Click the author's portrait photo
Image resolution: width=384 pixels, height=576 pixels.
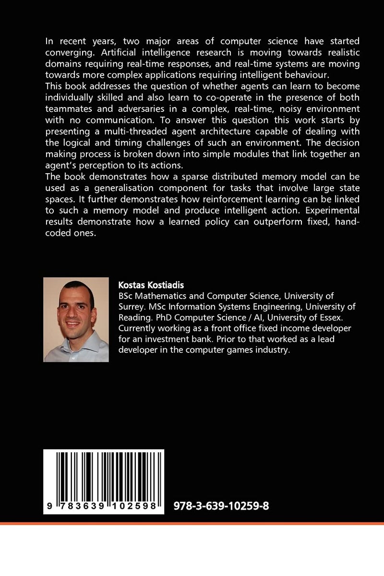(76, 319)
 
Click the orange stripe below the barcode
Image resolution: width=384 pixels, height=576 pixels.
(192, 524)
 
